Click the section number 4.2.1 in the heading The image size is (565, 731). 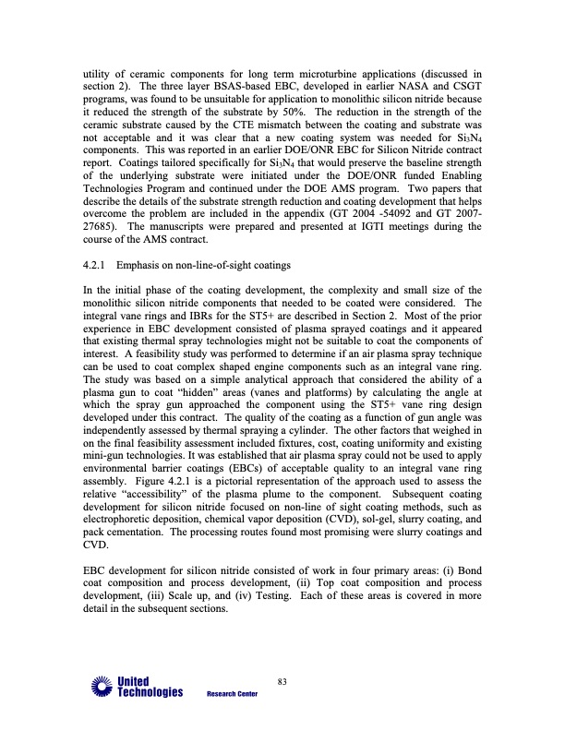point(95,267)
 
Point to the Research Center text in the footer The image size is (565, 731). point(232,695)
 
